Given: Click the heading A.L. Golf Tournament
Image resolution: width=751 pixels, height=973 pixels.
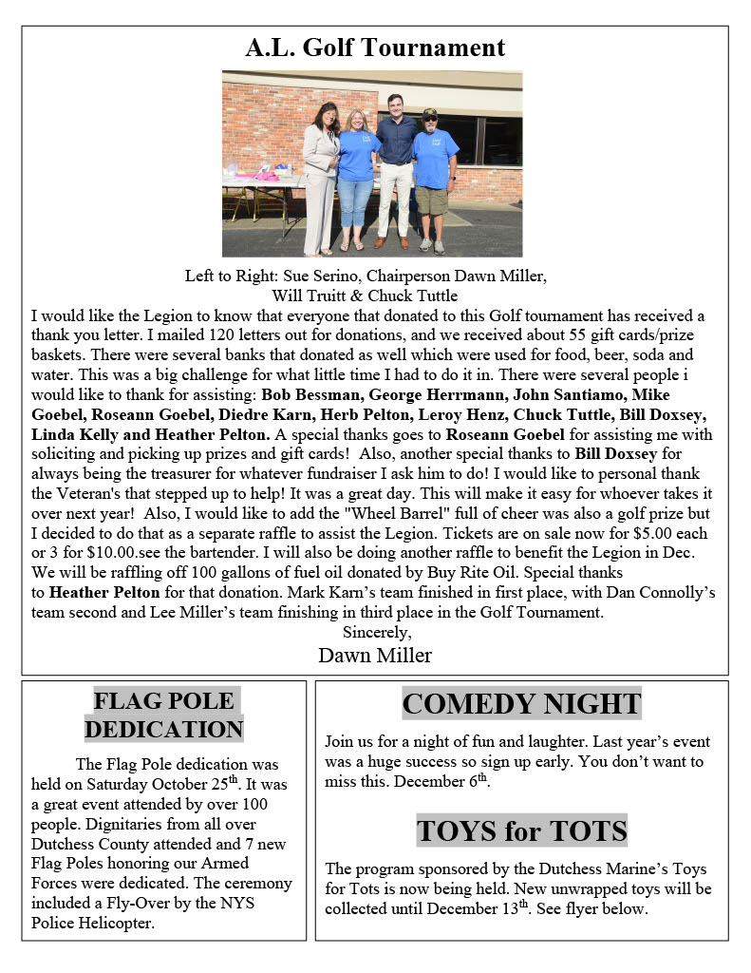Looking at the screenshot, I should tap(375, 48).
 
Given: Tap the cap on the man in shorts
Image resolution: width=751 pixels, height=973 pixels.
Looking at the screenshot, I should tap(430, 114).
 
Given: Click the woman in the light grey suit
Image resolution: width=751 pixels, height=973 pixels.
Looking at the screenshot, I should tap(321, 176).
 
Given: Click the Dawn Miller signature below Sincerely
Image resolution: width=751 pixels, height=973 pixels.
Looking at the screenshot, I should tap(375, 655).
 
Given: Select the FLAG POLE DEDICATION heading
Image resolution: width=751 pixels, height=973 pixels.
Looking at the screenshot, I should tap(164, 715).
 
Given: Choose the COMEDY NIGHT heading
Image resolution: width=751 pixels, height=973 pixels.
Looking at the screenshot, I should tap(521, 704).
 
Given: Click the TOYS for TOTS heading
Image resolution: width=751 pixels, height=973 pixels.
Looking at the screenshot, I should tap(521, 831).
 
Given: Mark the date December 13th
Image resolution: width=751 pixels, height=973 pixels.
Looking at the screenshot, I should tap(468, 908).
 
